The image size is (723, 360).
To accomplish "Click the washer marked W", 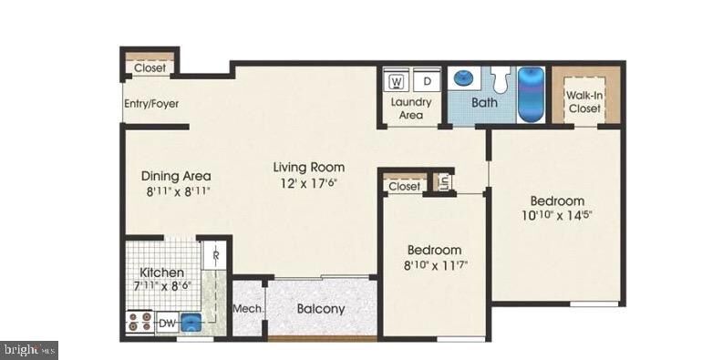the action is point(397,82).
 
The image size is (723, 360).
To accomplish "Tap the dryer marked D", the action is point(427,82).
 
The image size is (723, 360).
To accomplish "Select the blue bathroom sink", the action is point(462,78).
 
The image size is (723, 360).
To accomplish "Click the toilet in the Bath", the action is point(501,79).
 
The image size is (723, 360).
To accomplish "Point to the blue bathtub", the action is point(532,95).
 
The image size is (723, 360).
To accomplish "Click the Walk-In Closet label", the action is point(584,102).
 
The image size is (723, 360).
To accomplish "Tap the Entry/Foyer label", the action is point(151,104).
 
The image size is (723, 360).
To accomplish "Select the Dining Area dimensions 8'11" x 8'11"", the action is point(178,191).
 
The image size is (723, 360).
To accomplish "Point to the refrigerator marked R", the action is point(216,255).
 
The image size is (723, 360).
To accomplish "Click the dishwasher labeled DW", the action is point(168,324).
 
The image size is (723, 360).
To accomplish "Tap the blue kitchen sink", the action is point(191,323).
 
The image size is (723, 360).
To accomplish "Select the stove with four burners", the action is point(139,322).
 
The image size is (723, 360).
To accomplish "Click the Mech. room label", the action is point(248,309).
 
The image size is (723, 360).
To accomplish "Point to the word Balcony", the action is point(320,309).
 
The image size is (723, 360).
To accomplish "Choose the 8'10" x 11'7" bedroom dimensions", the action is point(438,265).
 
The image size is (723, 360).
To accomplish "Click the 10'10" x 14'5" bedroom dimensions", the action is point(557,215).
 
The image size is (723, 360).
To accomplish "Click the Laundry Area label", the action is point(411,108).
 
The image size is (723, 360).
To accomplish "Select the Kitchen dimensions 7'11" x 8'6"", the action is point(162,286).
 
